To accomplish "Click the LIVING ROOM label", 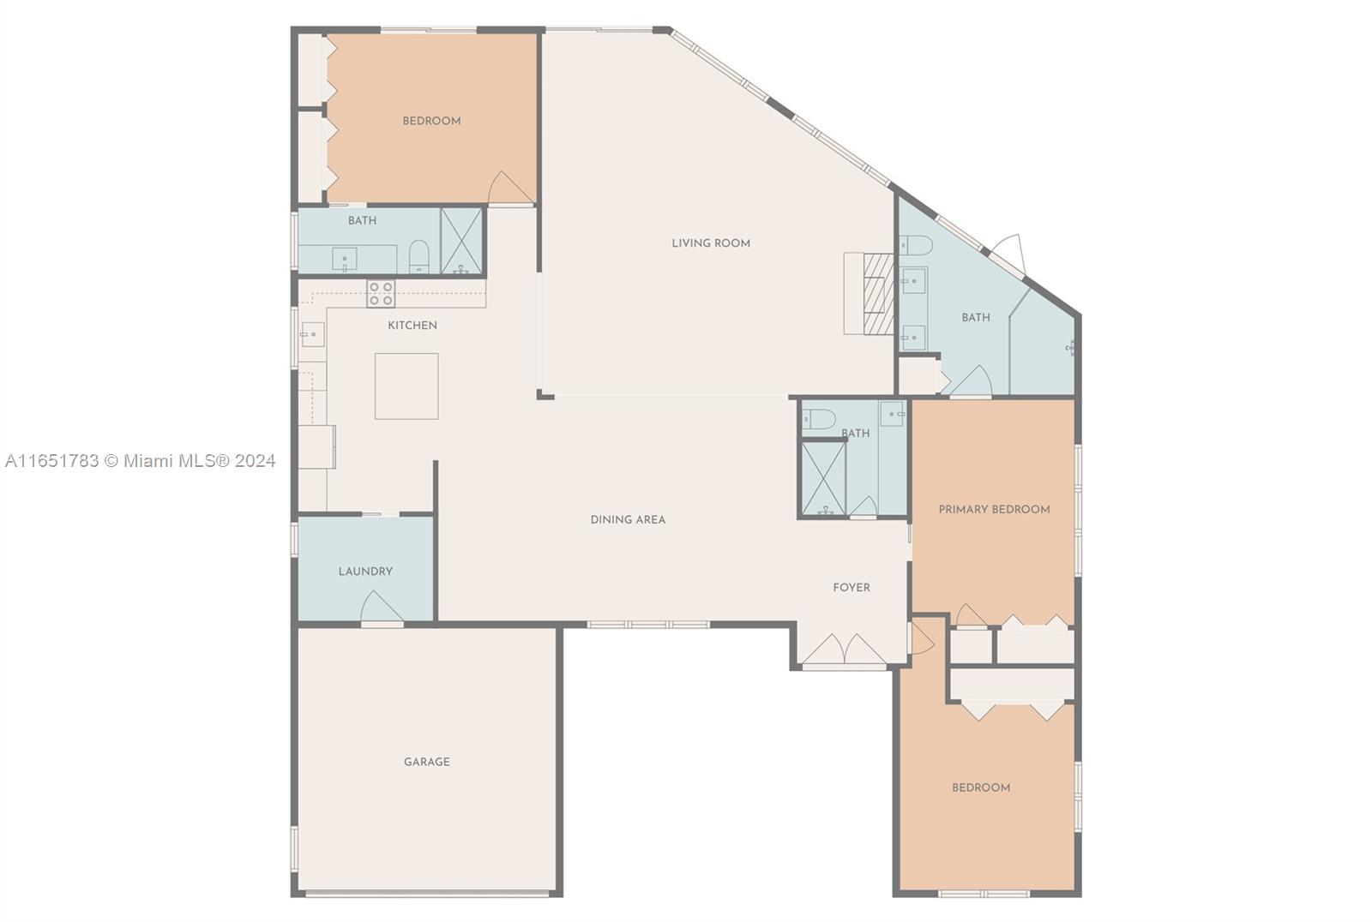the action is coord(711,243).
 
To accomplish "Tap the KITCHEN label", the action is coord(412,325).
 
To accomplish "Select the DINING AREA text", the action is coord(628,520).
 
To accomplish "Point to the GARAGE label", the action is coord(427,762).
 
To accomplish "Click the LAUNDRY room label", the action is coord(365,572).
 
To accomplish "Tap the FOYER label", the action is coord(851,588).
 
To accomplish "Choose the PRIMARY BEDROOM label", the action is coord(994,509).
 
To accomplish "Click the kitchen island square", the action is coord(406,386).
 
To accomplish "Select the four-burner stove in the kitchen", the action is coord(381,294).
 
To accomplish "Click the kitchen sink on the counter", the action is coord(312,335).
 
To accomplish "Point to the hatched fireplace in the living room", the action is coord(878,294).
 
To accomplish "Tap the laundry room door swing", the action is coord(381,607).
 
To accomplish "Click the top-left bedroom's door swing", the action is coord(510,188).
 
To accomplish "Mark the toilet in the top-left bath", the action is coord(419,256).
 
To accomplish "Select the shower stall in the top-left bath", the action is coord(462,241).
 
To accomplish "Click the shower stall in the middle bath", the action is coord(824,478).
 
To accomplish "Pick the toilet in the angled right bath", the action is coord(916,246).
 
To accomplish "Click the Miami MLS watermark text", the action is coord(141,461).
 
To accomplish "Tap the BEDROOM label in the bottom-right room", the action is coord(981,788).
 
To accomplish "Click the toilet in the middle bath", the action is coord(819,419).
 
